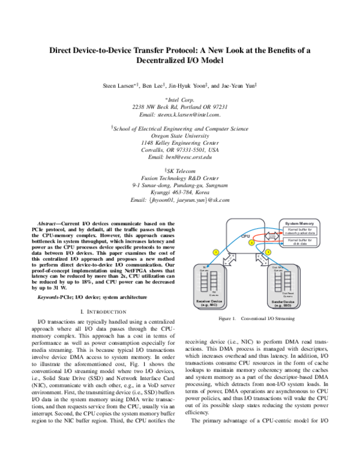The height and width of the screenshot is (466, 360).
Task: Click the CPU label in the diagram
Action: tap(245, 237)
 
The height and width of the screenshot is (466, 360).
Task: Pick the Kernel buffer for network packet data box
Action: tap(301, 231)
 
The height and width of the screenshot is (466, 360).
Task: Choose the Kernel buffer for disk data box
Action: tap(301, 242)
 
